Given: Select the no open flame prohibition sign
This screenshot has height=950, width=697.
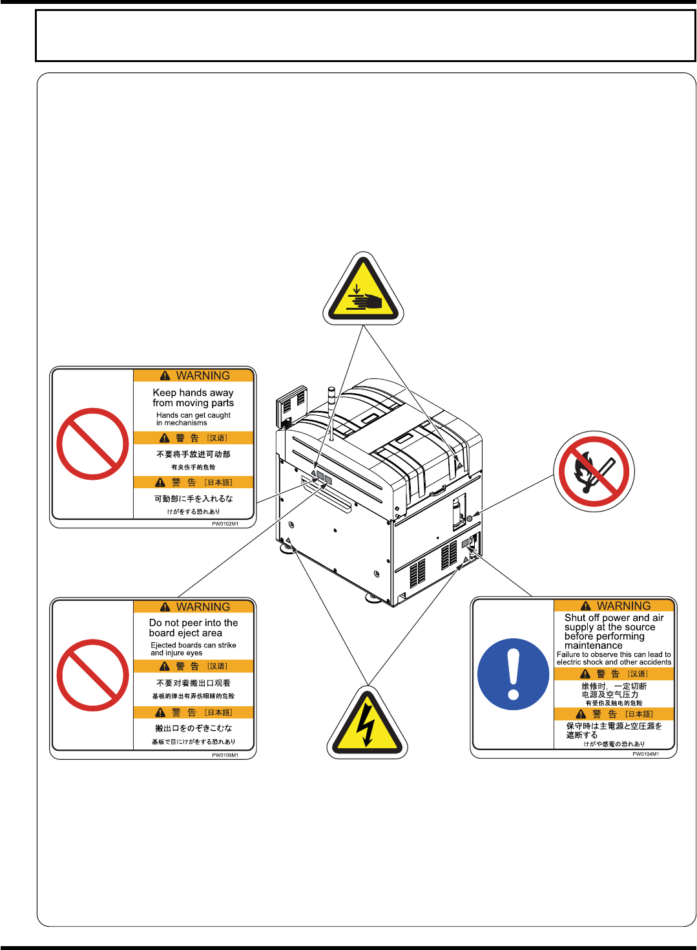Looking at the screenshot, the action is tap(594, 471).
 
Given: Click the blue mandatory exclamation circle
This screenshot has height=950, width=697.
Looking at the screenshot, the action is tap(514, 674).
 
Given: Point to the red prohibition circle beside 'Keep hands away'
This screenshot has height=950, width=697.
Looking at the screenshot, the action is tap(92, 444).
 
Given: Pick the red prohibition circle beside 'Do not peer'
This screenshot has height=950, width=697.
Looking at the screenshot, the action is tap(92, 675).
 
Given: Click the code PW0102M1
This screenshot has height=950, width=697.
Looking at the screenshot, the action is tap(225, 524).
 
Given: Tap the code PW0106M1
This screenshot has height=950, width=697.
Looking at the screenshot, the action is tap(225, 755).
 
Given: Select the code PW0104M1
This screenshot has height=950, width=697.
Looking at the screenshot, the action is tap(645, 754).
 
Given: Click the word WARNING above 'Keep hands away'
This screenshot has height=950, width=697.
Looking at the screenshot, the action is tap(203, 376).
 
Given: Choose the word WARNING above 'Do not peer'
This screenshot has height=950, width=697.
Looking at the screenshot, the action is tap(203, 607).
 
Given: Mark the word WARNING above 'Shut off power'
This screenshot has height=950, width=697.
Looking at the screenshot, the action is tap(623, 606).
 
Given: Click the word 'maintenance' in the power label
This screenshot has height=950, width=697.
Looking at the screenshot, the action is tap(593, 645).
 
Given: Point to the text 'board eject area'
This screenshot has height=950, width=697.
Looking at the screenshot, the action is tap(185, 633).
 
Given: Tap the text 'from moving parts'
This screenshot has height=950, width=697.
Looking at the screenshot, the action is tap(193, 403).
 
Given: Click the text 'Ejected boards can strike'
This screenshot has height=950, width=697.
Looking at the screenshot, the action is tap(193, 645).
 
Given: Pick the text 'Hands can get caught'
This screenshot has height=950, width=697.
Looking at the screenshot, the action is tap(193, 415).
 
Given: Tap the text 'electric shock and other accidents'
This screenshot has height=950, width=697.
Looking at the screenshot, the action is tap(614, 662).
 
